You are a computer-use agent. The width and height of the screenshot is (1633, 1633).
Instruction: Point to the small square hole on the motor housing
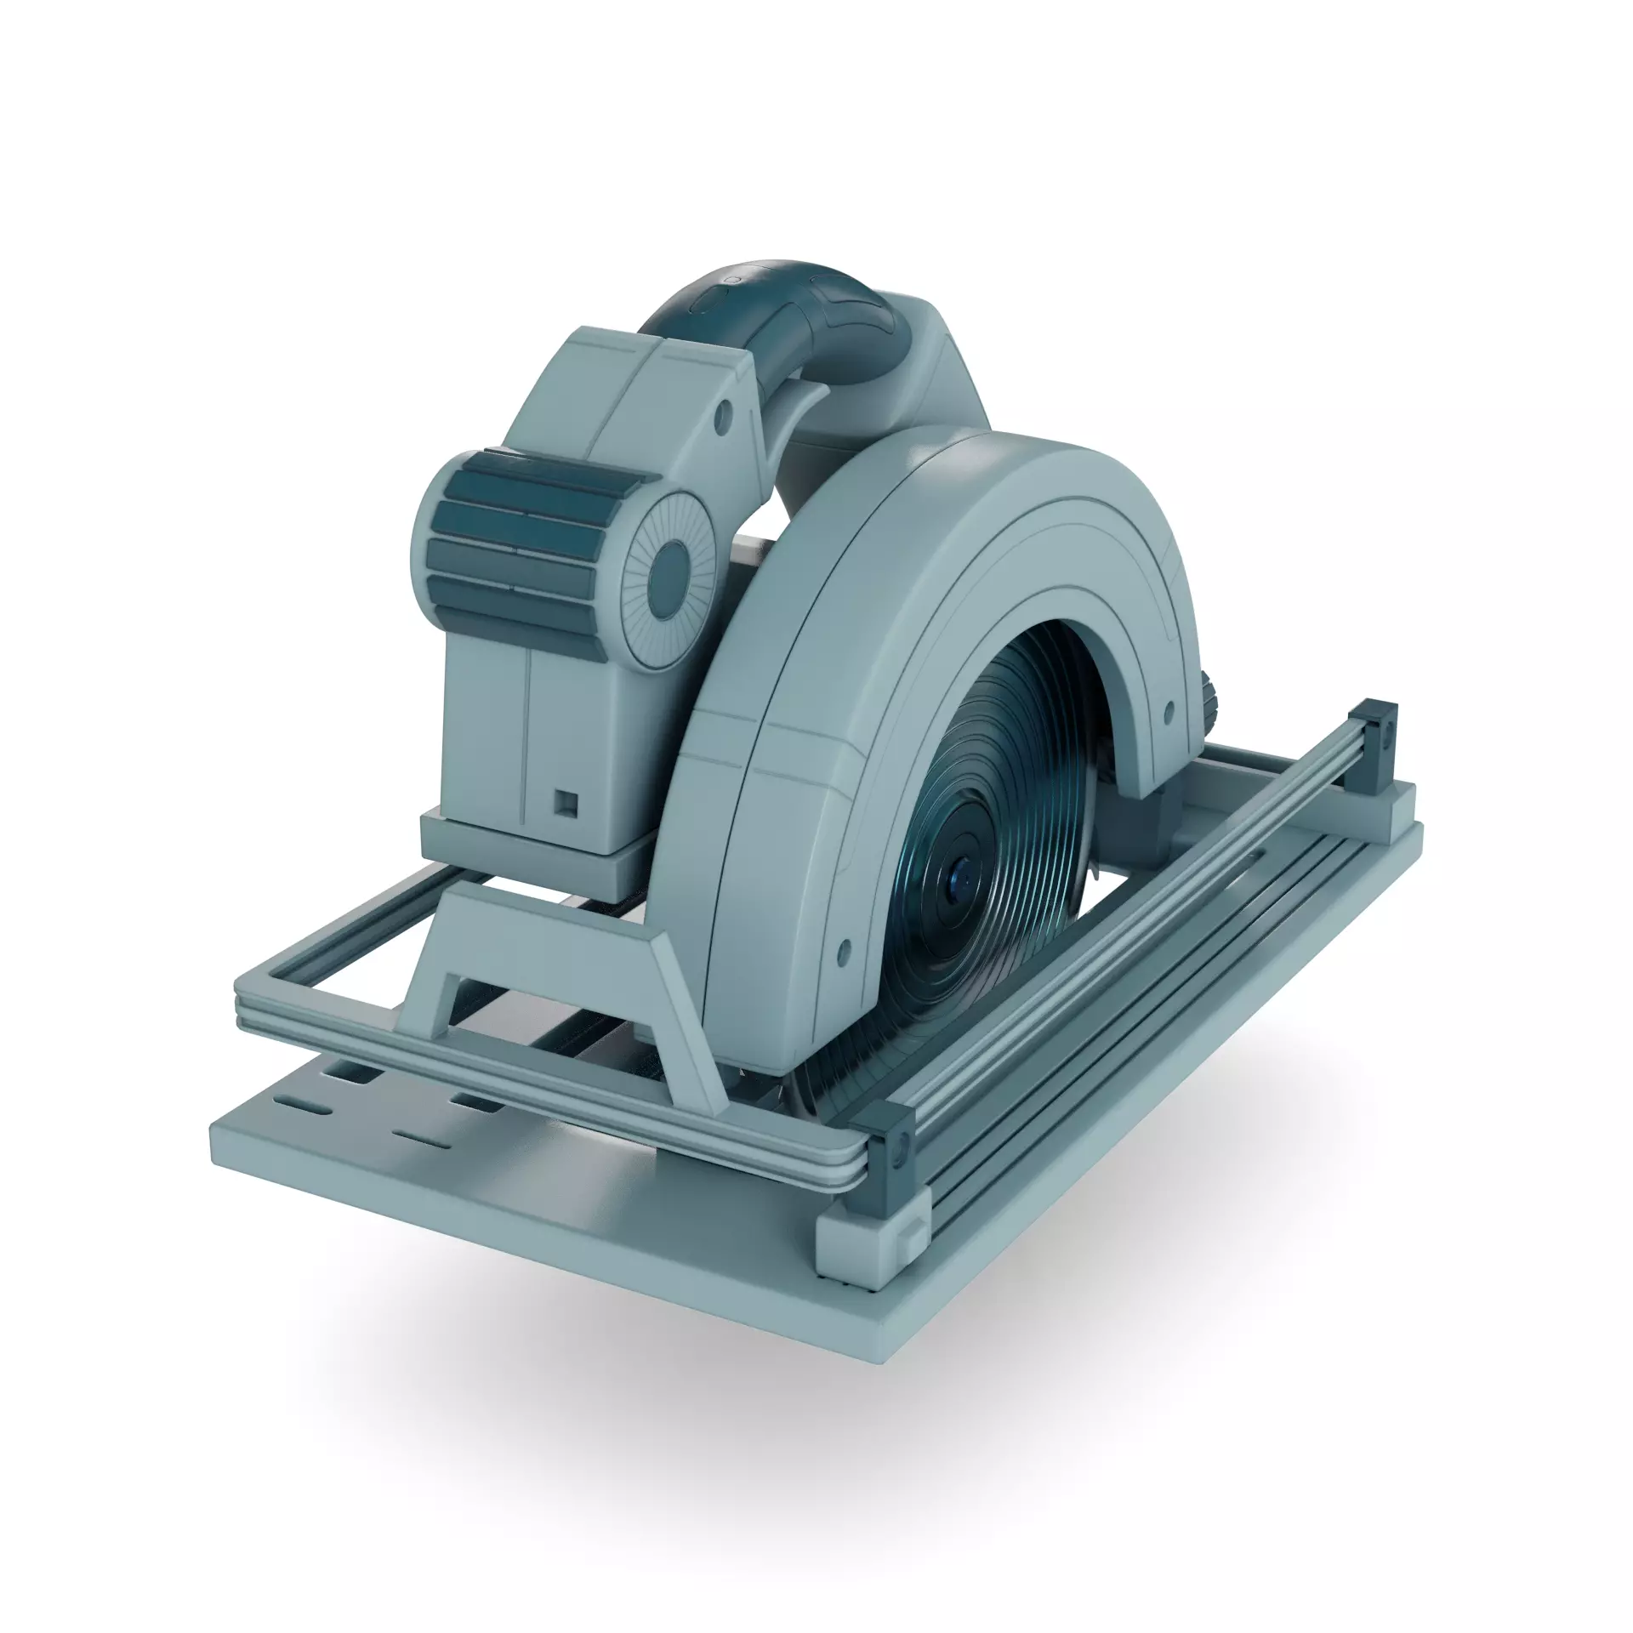tap(563, 800)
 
